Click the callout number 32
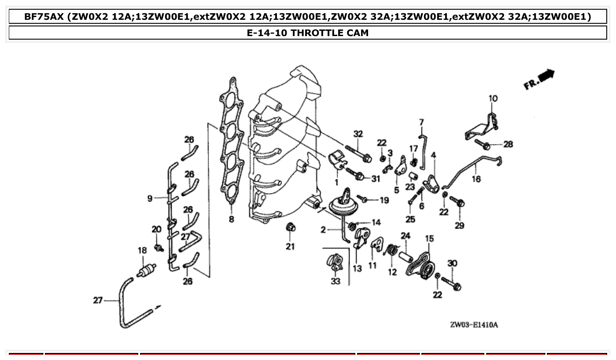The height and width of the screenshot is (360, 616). click(358, 134)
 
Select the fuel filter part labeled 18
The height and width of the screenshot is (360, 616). click(147, 269)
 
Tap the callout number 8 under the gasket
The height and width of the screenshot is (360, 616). click(232, 219)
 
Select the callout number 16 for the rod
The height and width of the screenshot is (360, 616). click(476, 179)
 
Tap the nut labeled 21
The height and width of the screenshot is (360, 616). click(290, 228)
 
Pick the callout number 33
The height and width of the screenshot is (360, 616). click(336, 281)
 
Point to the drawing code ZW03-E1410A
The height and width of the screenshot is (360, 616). click(474, 325)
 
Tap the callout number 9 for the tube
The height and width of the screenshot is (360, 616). click(150, 199)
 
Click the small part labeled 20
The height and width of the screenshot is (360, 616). click(157, 247)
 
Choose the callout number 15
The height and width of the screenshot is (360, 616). click(429, 239)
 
